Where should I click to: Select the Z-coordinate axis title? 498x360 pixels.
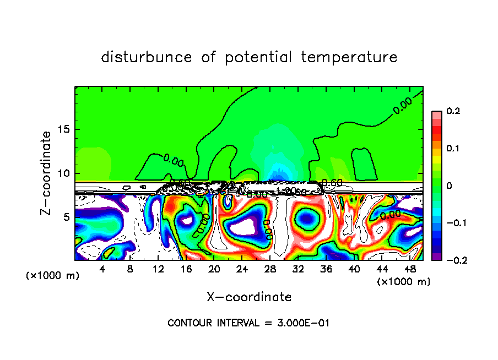click(48, 173)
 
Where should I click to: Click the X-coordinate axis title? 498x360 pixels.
click(249, 297)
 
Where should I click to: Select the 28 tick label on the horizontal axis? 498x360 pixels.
click(270, 270)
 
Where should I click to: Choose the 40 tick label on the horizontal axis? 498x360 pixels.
click(354, 270)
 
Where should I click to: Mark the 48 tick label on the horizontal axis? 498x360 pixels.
click(409, 270)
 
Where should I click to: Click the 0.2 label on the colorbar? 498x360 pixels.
click(453, 112)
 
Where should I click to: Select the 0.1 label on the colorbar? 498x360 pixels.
click(453, 149)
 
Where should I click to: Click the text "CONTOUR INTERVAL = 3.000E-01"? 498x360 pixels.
click(248, 323)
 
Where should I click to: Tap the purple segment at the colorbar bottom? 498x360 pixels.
click(436, 257)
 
